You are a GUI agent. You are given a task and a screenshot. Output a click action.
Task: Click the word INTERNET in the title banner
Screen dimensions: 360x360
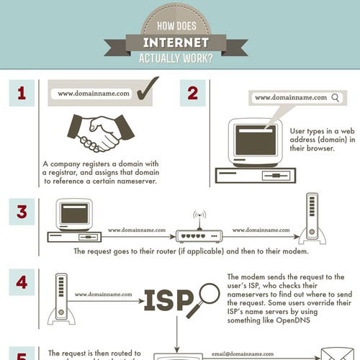click(180, 42)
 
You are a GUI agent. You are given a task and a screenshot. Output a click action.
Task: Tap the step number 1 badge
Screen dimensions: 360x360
click(22, 94)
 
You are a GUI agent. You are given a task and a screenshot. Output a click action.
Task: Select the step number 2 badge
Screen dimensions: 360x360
click(192, 94)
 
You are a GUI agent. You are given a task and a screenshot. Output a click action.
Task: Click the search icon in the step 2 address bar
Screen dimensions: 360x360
click(335, 97)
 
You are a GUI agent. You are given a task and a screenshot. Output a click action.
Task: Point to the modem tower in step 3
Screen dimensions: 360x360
click(312, 219)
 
